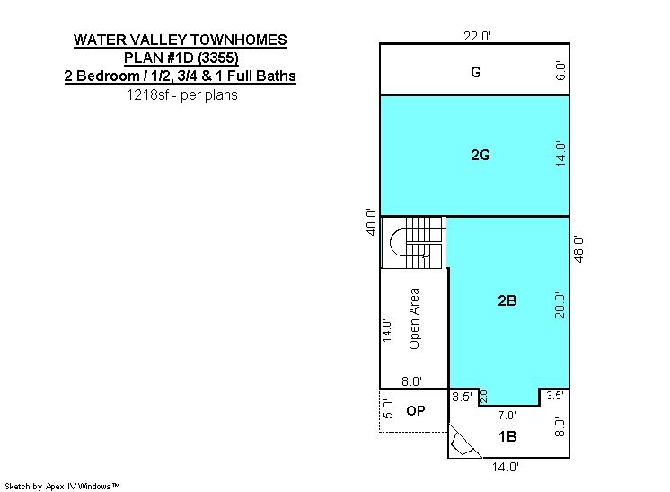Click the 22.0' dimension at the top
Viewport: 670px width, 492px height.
[477, 36]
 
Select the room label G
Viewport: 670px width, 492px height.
[476, 72]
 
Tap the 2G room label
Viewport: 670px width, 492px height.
[480, 155]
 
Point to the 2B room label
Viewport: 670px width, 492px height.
[507, 300]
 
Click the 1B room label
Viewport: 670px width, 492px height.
[507, 436]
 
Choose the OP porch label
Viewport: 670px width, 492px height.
[415, 411]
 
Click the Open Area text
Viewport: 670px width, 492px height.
[414, 318]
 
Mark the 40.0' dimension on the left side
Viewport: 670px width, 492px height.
[371, 221]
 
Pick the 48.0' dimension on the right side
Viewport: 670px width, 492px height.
[578, 249]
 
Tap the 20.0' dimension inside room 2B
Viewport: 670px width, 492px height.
[560, 306]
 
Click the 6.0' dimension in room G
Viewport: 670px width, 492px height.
[560, 71]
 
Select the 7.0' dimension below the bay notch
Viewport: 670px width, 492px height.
[507, 415]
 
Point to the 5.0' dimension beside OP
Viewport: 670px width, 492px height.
[388, 409]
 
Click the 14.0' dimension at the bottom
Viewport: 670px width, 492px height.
[505, 467]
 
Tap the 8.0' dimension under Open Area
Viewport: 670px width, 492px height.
[412, 381]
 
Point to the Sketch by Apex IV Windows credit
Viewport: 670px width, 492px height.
[62, 486]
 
